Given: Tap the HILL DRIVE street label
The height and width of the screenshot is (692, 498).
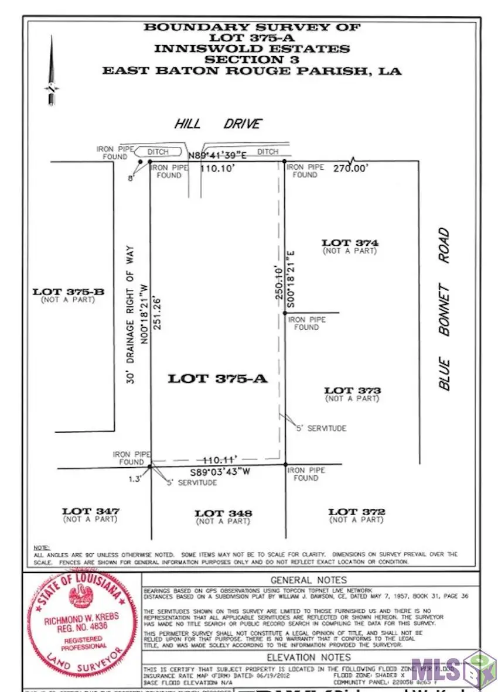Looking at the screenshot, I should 217,124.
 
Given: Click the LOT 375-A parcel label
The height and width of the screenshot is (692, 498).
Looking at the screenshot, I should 217,379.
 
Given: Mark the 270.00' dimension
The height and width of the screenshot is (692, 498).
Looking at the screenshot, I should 352,169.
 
